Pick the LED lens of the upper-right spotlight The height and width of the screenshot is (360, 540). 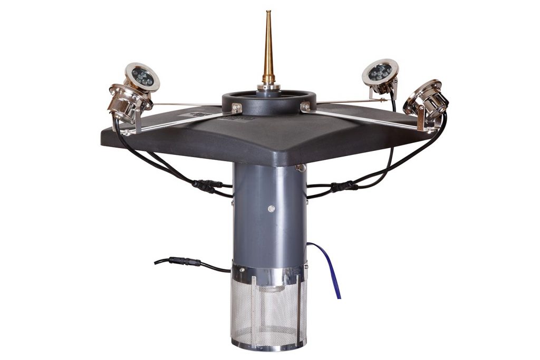380,72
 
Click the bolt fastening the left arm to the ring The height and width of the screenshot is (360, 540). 237,108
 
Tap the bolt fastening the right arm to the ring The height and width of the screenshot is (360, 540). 305,107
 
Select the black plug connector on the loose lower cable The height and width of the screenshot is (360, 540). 186,261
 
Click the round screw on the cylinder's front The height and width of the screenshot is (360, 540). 271,209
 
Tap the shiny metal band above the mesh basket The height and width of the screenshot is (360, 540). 269,274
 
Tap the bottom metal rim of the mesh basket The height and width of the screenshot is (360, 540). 269,345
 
